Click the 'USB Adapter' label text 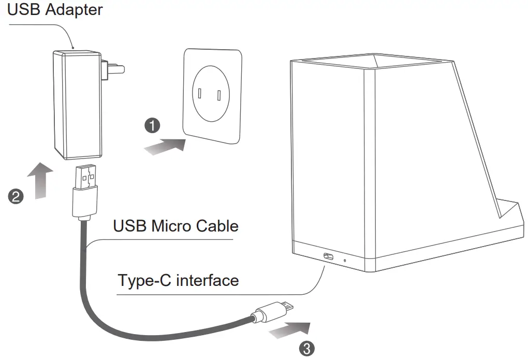(x=55, y=10)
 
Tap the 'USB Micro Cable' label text (x=175, y=226)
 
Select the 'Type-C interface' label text (x=178, y=280)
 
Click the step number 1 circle (x=152, y=125)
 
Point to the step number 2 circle (x=17, y=196)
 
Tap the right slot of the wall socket (x=219, y=95)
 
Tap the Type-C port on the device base (x=328, y=256)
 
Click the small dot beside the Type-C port (x=345, y=258)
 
